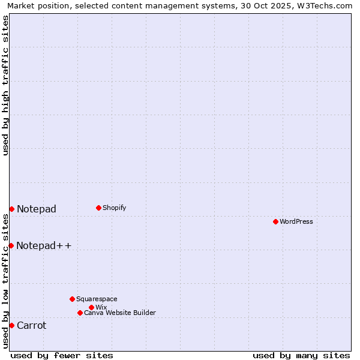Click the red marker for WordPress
[275, 221]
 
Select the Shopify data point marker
[98, 208]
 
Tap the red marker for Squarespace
[72, 299]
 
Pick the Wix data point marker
[91, 307]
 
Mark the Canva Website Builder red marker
[80, 313]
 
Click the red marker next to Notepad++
[11, 245]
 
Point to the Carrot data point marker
[11, 325]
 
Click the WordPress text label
[296, 221]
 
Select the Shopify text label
[115, 208]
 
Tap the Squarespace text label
[97, 299]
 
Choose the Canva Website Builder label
[120, 313]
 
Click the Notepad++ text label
[44, 245]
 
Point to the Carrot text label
[32, 326]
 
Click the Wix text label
[101, 307]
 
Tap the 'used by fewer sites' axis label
[62, 355]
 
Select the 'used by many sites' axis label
[301, 355]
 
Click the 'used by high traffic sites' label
[5, 85]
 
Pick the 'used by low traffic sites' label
[5, 281]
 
